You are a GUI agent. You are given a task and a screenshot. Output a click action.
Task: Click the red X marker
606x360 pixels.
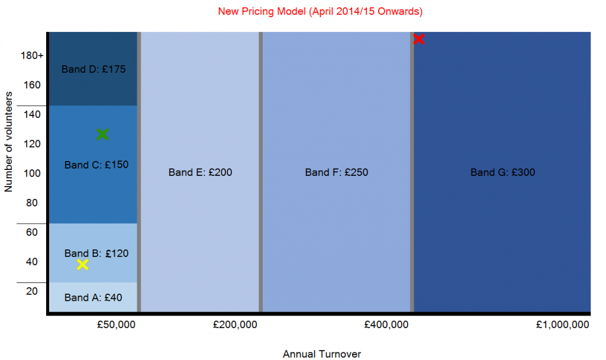(419, 39)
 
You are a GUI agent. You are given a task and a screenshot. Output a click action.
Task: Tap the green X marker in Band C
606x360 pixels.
(102, 134)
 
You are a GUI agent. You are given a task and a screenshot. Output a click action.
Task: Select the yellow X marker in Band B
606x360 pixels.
(83, 264)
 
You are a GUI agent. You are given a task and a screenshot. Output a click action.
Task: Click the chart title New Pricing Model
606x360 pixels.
(320, 11)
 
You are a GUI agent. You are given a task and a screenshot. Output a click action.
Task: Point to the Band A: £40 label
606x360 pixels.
(93, 298)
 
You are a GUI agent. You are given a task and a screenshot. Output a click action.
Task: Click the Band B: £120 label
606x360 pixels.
(96, 253)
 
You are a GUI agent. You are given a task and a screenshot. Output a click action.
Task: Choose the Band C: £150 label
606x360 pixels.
(96, 165)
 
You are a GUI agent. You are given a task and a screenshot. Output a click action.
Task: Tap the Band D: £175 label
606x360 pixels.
(94, 69)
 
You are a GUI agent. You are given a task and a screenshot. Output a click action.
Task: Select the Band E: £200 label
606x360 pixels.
(200, 173)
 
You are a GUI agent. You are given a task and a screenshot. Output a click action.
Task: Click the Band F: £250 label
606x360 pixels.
(336, 173)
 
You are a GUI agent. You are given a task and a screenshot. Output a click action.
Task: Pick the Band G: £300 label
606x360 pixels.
(502, 173)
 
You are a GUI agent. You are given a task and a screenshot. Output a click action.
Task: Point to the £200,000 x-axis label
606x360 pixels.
(231, 325)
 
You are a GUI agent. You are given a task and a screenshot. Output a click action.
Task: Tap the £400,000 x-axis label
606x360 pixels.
(386, 325)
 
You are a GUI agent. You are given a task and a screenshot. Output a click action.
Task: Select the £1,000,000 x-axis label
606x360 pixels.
(562, 325)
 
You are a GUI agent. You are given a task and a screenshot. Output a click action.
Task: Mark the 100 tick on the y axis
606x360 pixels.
(33, 173)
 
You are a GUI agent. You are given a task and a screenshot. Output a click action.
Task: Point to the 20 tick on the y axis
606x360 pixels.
(33, 291)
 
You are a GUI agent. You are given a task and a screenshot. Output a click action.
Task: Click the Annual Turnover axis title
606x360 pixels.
(321, 354)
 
